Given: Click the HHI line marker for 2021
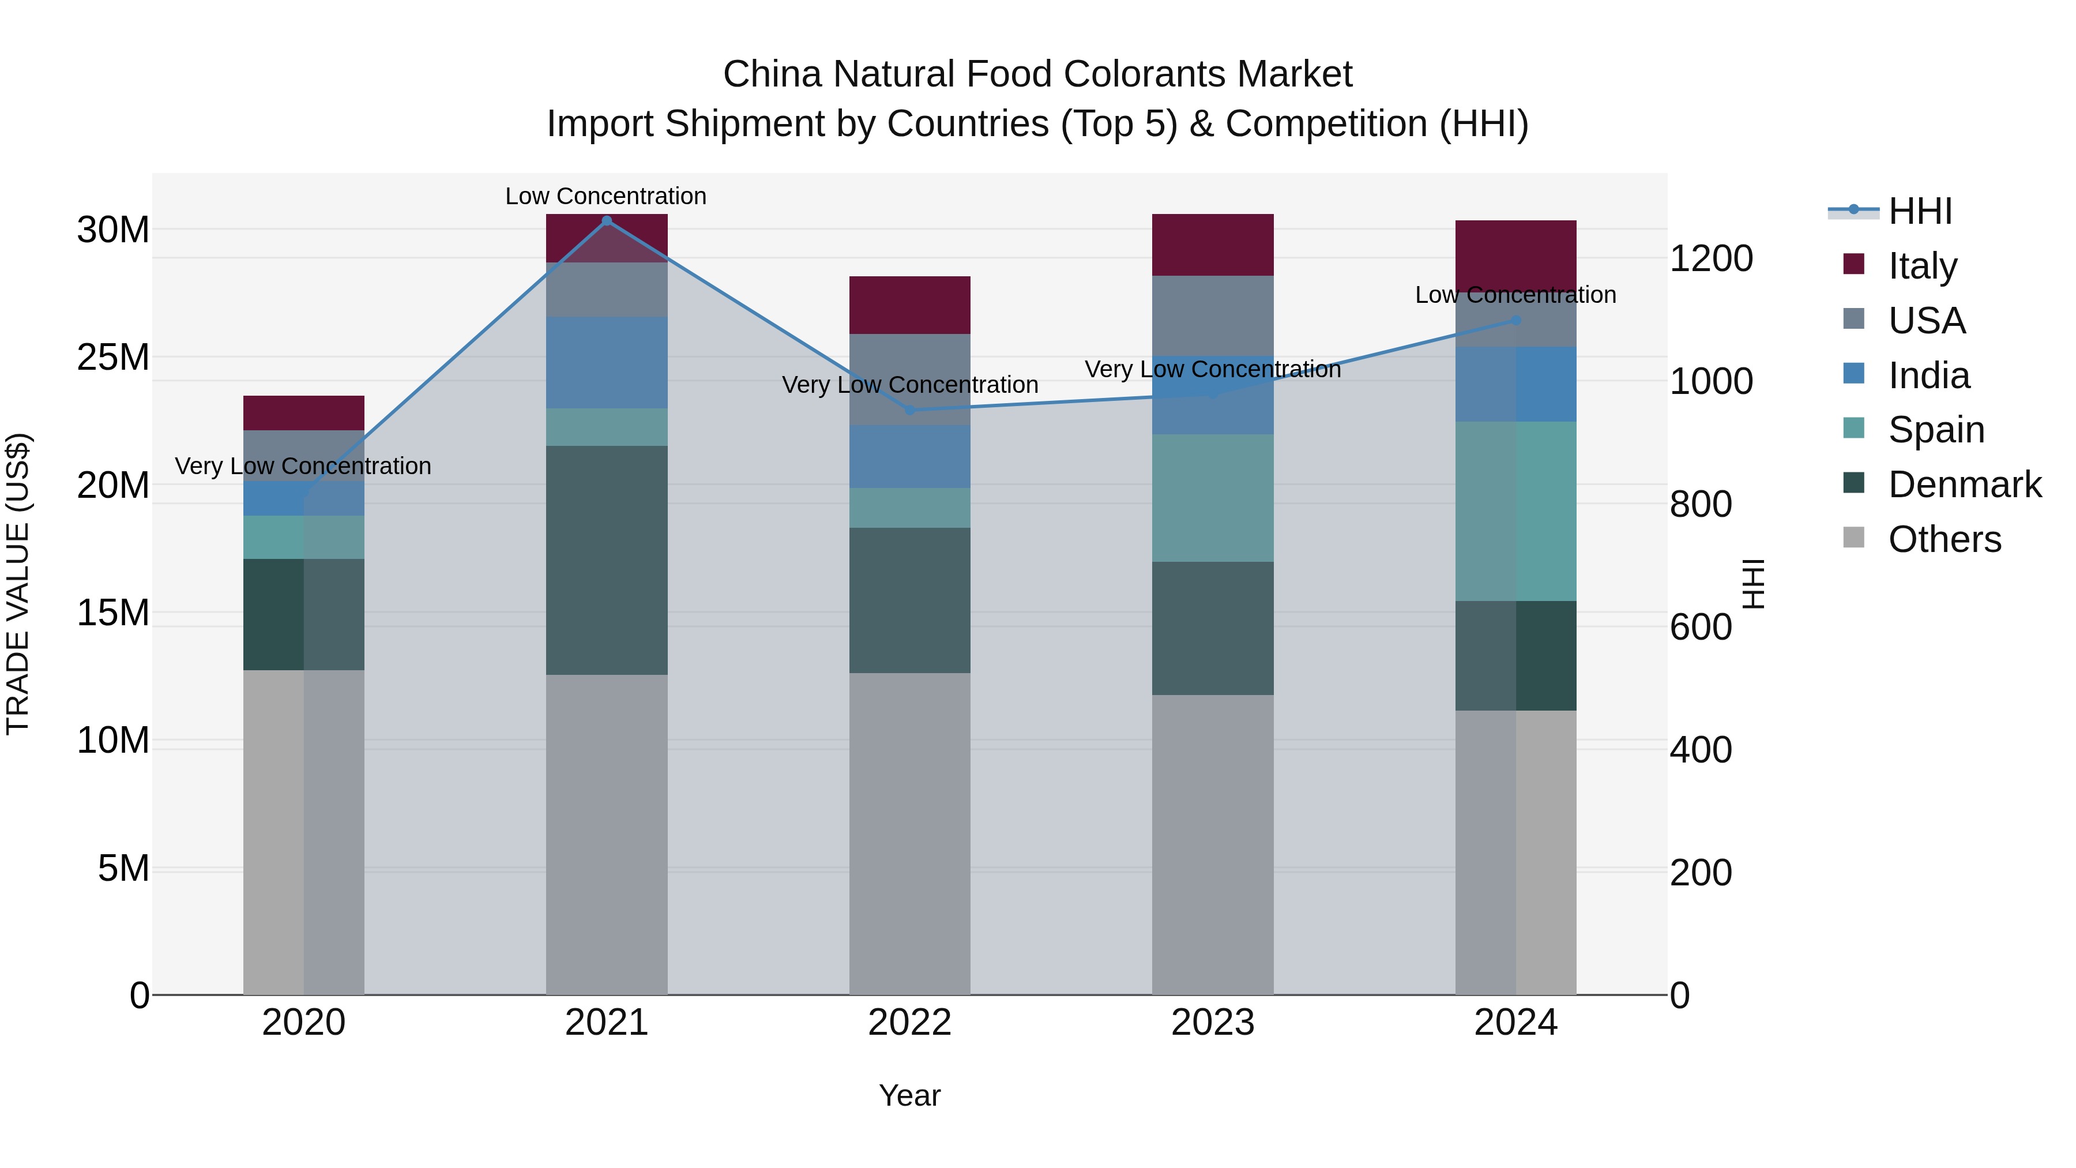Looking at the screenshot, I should [607, 221].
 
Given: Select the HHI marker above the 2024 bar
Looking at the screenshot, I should [1515, 320].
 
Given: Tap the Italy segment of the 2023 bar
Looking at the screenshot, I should [1212, 245].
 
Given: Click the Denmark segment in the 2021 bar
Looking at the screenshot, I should [607, 560].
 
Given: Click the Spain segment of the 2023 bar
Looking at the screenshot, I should [1212, 498].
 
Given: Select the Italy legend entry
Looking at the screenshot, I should [1922, 266].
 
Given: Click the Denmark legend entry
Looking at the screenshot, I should [1964, 485].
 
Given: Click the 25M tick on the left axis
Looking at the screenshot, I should [113, 357].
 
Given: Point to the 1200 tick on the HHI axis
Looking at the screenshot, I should [1711, 259].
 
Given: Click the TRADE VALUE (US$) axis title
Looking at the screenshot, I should [18, 584].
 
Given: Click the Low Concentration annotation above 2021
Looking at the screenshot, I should [605, 196].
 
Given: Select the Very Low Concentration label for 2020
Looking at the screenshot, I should [303, 466].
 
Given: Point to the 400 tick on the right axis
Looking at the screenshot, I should [1701, 750].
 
